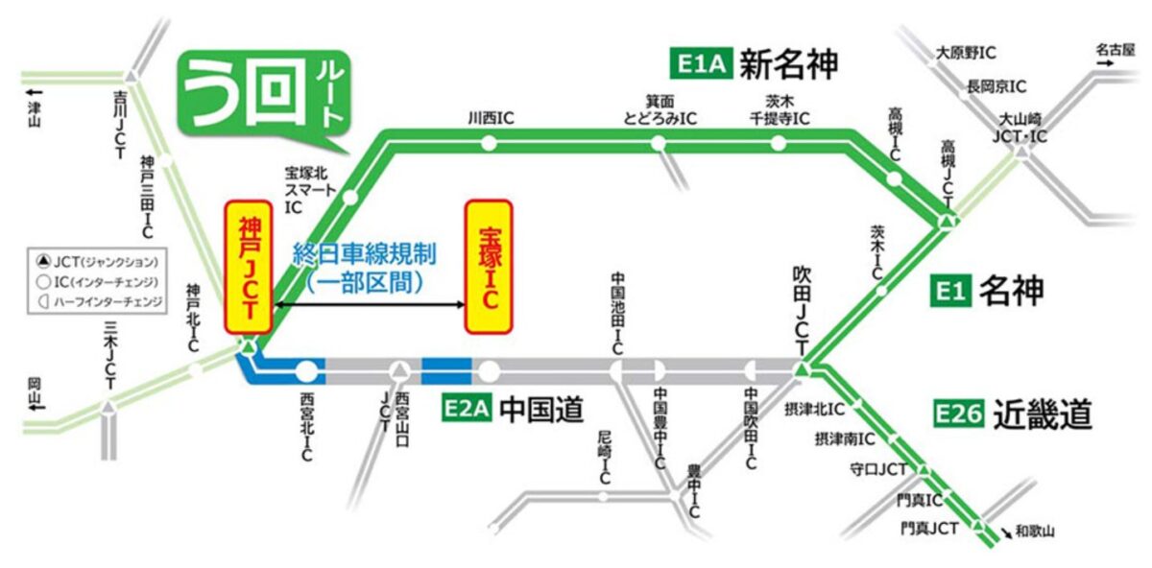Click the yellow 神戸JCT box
tap(249, 268)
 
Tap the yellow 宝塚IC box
tap(489, 267)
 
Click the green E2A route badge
tap(468, 410)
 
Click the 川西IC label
tap(491, 118)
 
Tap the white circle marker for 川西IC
tap(490, 145)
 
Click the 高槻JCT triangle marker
tap(948, 223)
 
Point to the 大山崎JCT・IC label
tap(1021, 128)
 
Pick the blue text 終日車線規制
tap(364, 254)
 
